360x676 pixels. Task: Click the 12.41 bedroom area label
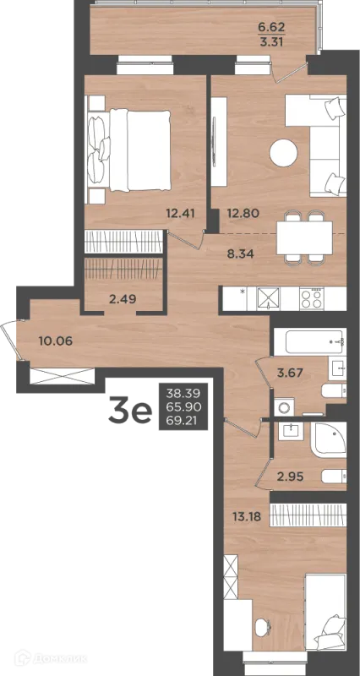click(181, 212)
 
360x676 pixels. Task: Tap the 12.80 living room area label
click(243, 213)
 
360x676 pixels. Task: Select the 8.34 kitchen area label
click(241, 253)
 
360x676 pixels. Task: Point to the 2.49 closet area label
click(123, 299)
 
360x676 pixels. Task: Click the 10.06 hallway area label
click(55, 341)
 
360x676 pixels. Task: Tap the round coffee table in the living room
click(283, 152)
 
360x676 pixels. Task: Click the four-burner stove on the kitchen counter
click(311, 297)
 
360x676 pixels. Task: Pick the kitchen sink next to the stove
click(268, 297)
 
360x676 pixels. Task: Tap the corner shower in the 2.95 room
click(329, 439)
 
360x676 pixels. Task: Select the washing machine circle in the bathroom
click(284, 406)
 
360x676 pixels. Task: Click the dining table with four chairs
click(304, 237)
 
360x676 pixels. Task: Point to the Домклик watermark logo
click(51, 659)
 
